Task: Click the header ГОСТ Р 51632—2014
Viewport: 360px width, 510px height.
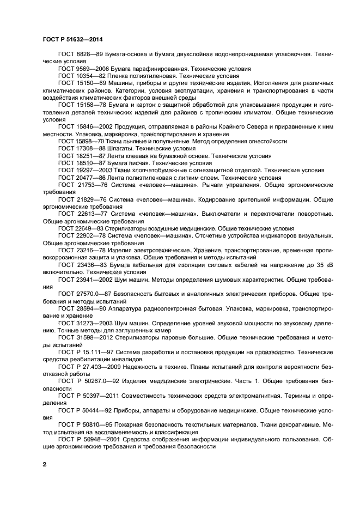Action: coord(72,39)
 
